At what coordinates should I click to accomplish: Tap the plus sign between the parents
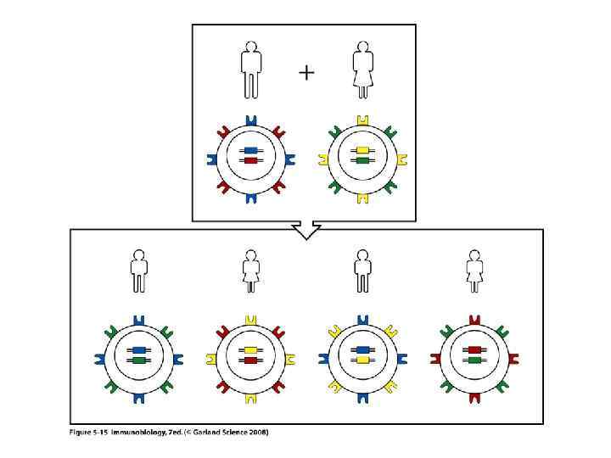[x=306, y=73]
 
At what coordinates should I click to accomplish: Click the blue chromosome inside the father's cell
[x=250, y=151]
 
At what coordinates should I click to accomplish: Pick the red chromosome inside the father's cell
[x=250, y=160]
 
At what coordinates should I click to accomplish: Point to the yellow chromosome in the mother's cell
[x=362, y=151]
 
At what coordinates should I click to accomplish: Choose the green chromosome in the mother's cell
[x=362, y=160]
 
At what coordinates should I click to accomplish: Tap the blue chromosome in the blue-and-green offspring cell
[x=137, y=349]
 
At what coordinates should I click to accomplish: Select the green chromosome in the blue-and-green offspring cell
[x=137, y=360]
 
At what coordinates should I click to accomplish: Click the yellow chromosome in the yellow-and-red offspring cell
[x=250, y=349]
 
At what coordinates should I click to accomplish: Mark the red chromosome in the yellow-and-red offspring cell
[x=250, y=360]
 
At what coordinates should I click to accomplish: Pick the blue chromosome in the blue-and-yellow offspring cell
[x=363, y=349]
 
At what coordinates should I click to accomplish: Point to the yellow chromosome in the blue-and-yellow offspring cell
[x=363, y=360]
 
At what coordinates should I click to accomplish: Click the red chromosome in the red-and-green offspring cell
[x=475, y=349]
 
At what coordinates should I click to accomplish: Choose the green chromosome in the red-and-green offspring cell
[x=475, y=360]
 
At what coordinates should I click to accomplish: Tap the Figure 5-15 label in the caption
[x=91, y=433]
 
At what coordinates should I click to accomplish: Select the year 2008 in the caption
[x=258, y=433]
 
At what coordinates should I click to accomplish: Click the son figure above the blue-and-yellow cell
[x=363, y=270]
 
